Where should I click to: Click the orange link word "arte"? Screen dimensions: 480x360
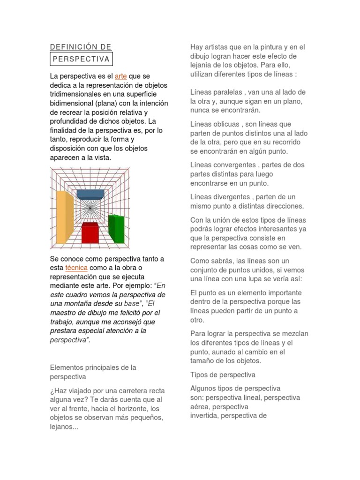[120, 76]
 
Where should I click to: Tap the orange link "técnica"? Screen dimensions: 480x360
[76, 268]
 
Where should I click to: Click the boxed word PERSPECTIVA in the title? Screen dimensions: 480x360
[81, 59]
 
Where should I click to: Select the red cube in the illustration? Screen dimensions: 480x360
[90, 233]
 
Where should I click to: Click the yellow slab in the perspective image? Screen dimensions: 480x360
[65, 217]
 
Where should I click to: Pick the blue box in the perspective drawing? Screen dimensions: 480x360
[90, 194]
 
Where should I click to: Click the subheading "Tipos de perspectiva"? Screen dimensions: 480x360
[223, 375]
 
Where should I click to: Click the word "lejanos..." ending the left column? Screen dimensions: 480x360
[64, 427]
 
